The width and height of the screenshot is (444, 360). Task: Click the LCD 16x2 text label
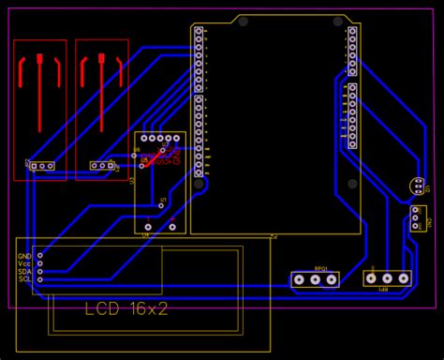126,308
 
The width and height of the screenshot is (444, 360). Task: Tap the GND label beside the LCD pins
24,255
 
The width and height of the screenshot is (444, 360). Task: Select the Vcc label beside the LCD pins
24,263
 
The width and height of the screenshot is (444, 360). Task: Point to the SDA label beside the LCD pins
24,271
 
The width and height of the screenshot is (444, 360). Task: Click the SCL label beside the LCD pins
24,279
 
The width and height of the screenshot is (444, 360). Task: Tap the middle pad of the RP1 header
387,278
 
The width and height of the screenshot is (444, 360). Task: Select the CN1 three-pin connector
415,217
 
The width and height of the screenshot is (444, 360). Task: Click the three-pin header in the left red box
39,166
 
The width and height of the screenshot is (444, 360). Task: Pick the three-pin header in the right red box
101,166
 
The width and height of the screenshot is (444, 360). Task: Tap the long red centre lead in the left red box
39,94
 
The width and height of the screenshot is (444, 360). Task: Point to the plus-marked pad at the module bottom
172,226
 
